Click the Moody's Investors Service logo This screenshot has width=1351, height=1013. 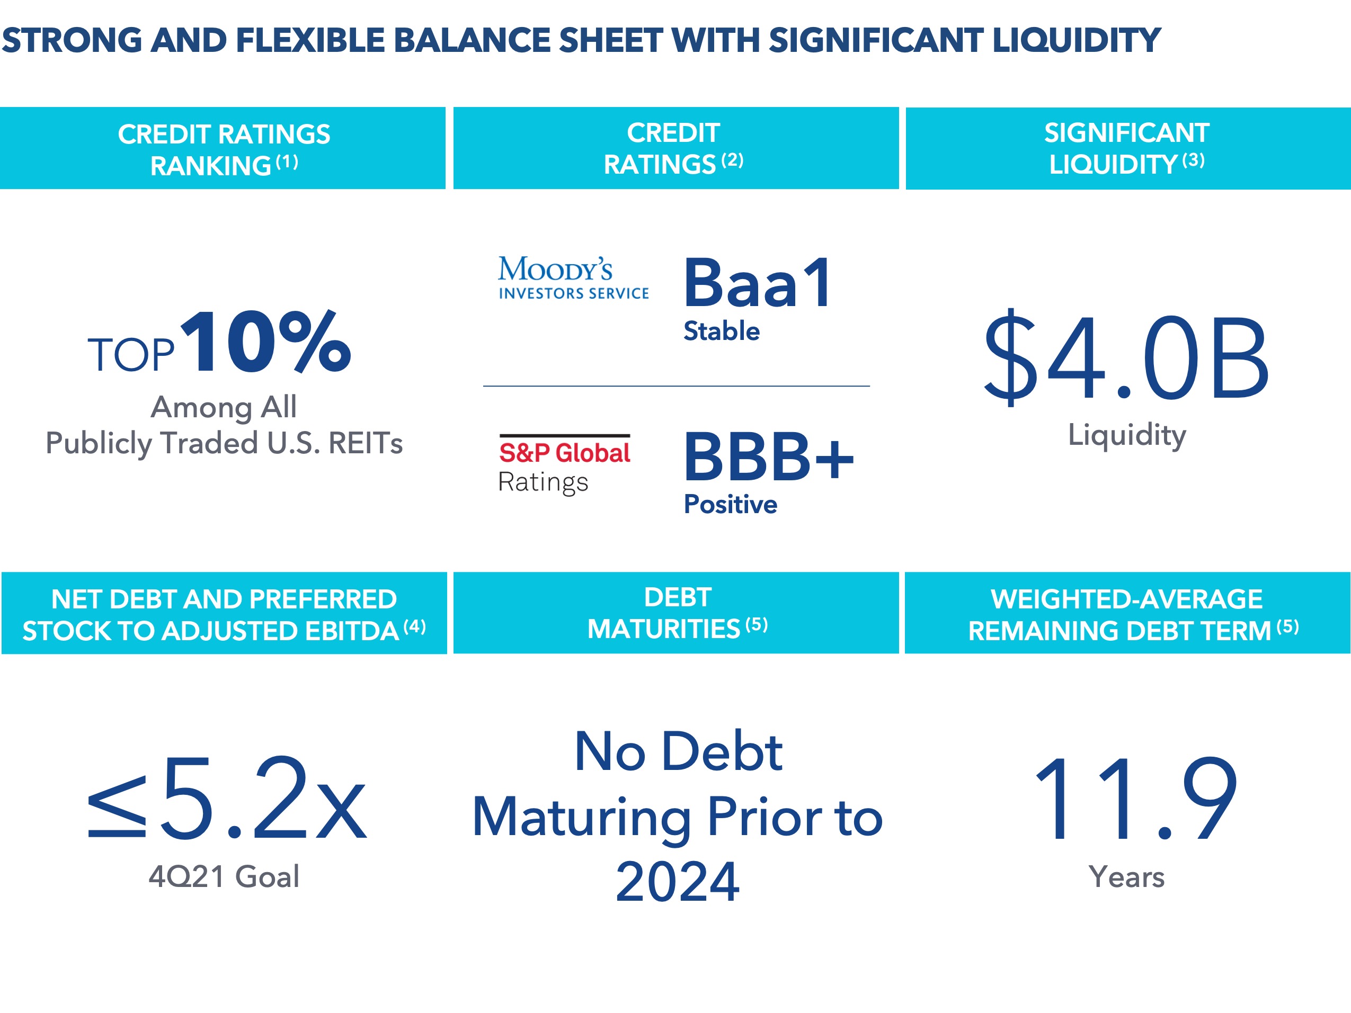point(573,278)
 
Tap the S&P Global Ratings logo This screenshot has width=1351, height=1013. point(565,464)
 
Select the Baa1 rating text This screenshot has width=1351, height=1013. point(757,283)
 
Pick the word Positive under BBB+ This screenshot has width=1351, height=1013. point(731,504)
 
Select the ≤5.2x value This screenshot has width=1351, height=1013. point(227,797)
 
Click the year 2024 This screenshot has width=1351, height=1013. point(677,881)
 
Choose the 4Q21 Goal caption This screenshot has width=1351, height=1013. point(224,876)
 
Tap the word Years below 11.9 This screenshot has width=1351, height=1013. point(1127,877)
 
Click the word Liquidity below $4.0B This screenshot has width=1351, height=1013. point(1127,436)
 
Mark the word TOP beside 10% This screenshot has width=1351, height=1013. point(131,355)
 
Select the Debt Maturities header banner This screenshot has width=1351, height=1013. point(676,613)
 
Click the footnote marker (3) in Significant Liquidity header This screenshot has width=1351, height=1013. point(1194,160)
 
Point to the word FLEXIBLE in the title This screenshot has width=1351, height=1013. point(311,40)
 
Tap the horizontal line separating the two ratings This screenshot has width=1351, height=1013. point(676,386)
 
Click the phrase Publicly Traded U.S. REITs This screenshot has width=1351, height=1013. point(224,443)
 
